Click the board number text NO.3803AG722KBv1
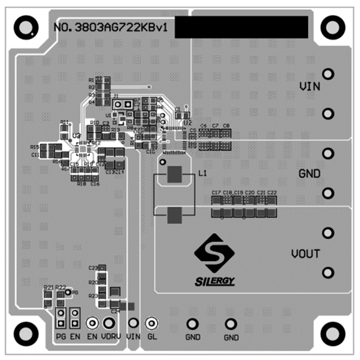coord(112,28)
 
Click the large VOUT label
coord(305,254)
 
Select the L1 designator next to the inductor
coord(202,173)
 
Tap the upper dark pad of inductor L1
coord(174,175)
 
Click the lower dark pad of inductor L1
coord(174,215)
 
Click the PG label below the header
coord(61,336)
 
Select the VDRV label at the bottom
coord(111,336)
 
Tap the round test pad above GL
coord(151,323)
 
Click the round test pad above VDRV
coord(108,323)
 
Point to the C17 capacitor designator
coord(216,192)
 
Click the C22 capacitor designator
coord(272,192)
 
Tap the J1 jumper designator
coord(115,95)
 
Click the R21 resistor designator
coord(48,287)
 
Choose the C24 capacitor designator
coord(115,311)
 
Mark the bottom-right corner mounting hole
coord(332,331)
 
